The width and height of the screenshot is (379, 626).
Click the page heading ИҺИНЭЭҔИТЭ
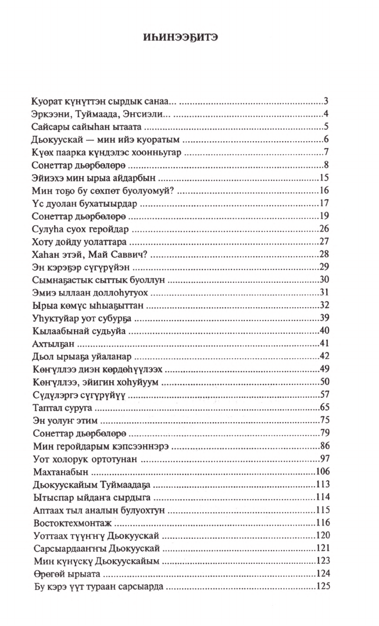coord(189,36)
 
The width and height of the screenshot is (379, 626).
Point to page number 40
coord(325,330)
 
